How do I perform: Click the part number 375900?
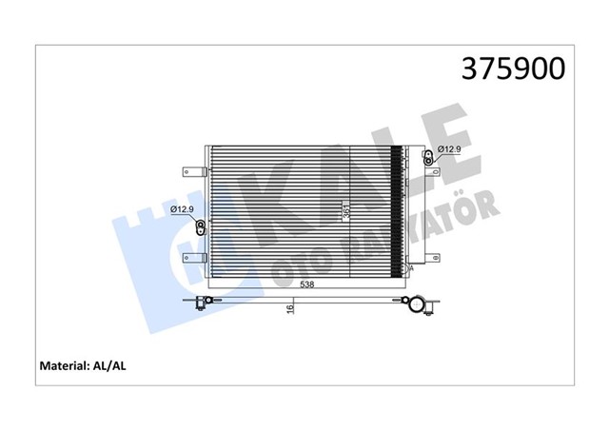513,68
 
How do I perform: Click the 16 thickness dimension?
290,308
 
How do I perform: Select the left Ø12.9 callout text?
184,210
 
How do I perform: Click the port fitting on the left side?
201,226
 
